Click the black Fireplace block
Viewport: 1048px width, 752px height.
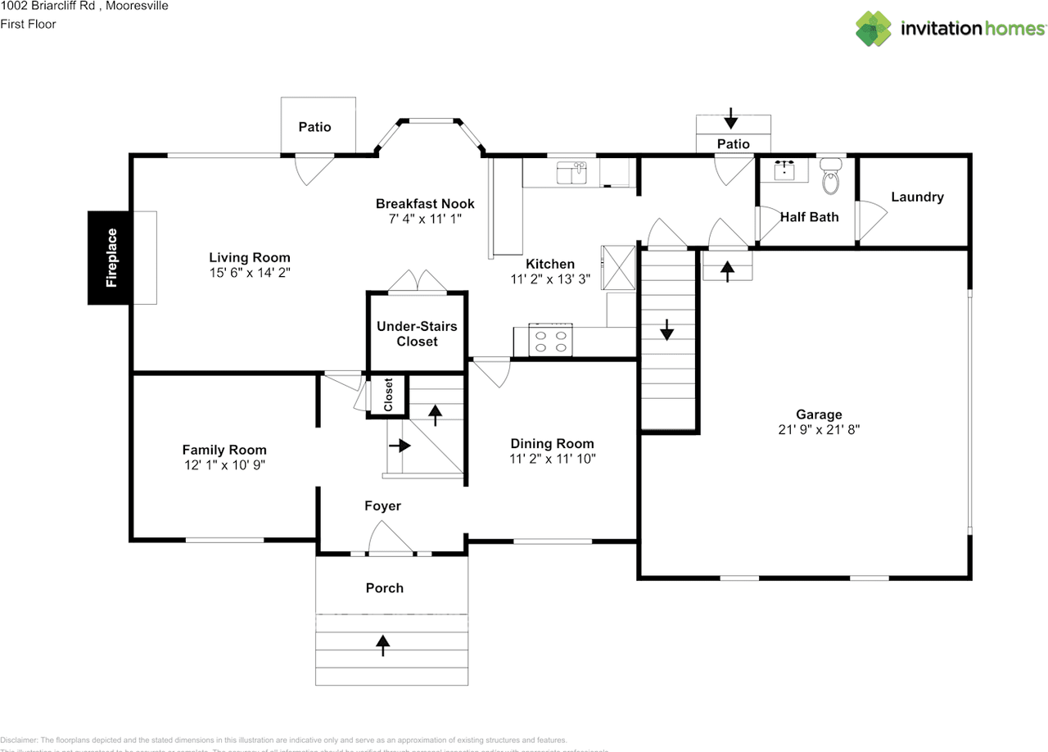coord(111,257)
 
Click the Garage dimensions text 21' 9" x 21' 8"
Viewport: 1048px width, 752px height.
coord(819,429)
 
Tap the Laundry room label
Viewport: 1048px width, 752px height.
coord(917,197)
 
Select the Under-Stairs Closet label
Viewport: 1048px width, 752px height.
coord(417,334)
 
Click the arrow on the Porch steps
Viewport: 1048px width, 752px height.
coord(382,645)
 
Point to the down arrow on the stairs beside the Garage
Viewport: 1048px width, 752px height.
coord(667,329)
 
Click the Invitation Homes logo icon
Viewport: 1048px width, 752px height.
coord(874,29)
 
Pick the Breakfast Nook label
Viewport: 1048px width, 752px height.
coord(425,204)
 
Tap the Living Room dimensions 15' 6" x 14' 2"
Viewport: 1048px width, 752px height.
coord(250,271)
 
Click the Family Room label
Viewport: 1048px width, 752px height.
coord(224,450)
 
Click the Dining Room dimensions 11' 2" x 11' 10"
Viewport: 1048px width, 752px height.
coord(553,459)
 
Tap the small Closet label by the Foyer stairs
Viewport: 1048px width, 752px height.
coord(388,395)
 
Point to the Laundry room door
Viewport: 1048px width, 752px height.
coord(870,220)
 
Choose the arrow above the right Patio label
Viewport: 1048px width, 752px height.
coord(731,120)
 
